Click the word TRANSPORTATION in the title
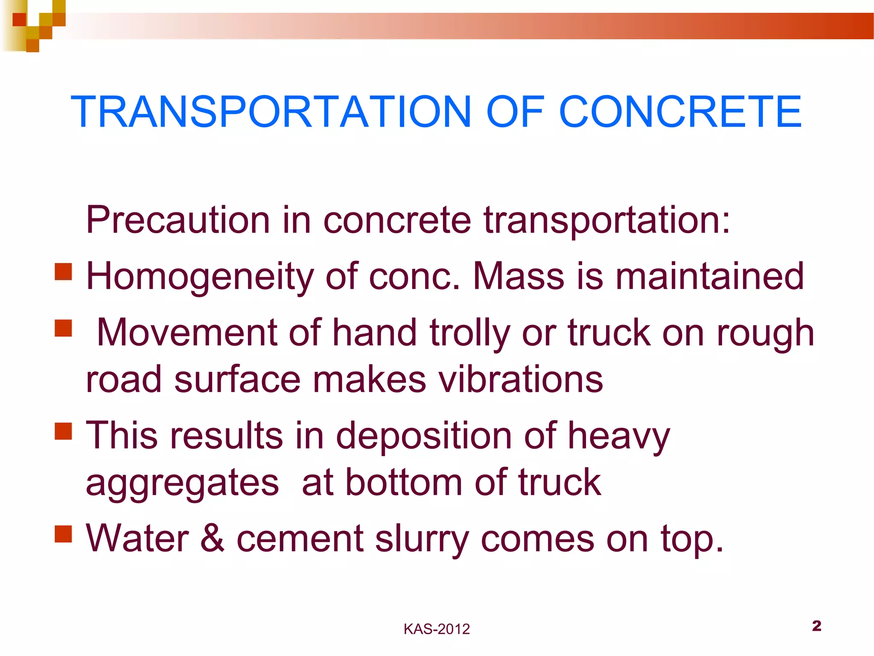click(271, 112)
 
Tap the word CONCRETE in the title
click(680, 112)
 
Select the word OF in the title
click(515, 112)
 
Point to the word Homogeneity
click(200, 277)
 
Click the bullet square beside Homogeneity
click(63, 272)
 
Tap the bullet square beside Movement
click(63, 328)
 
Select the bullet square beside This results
click(63, 431)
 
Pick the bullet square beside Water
click(63, 534)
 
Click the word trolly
click(470, 333)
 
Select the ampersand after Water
click(212, 538)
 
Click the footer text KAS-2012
click(437, 629)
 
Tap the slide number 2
click(816, 626)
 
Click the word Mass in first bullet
click(519, 277)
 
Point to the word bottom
click(404, 483)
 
